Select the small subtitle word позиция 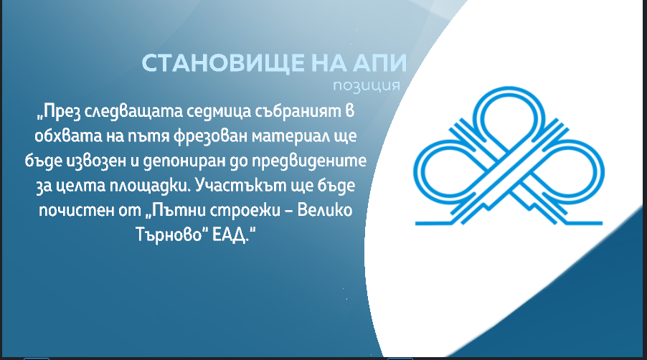tap(367, 85)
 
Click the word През tap(58, 112)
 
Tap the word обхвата tap(68, 136)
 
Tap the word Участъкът tap(240, 185)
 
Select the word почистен tap(72, 211)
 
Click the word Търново tap(171, 235)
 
